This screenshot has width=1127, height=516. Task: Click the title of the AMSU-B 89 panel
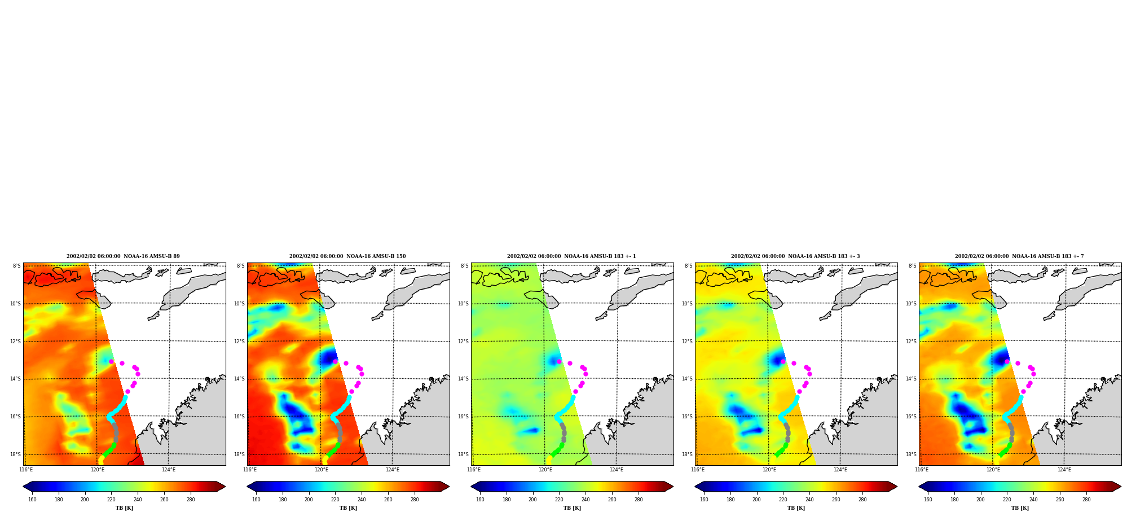123,256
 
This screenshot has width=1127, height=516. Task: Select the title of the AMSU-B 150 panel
347,256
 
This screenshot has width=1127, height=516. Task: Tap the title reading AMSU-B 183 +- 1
571,256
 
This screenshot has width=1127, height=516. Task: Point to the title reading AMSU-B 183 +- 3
795,256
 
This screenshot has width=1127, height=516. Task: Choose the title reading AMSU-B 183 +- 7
1019,256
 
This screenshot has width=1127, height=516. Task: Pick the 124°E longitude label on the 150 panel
393,470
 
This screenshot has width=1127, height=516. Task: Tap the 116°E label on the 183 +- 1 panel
474,470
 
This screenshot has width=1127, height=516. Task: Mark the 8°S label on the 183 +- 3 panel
689,266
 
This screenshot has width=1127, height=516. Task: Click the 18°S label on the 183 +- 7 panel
911,454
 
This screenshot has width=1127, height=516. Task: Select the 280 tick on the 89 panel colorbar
191,500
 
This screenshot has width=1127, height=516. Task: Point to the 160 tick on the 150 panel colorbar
256,500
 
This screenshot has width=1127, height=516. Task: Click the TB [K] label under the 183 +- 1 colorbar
572,508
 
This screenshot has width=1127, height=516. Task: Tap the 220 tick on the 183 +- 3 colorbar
783,500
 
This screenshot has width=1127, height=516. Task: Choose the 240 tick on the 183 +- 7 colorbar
1033,500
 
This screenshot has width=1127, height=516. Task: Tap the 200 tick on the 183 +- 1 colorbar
532,500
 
